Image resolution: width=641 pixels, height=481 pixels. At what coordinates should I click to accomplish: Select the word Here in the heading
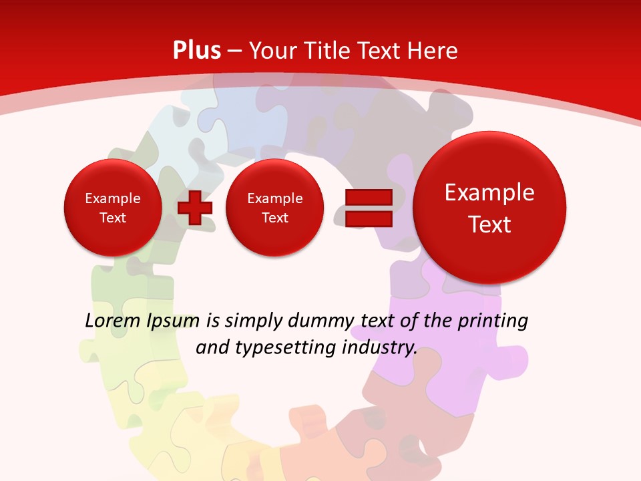tap(433, 51)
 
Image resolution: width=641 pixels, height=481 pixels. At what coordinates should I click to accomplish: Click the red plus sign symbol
tap(195, 207)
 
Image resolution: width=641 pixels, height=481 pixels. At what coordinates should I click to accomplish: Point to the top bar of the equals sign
tap(368, 197)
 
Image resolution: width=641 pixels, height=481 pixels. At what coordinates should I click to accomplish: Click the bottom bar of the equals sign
tap(368, 218)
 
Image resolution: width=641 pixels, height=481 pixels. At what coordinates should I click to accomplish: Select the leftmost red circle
tap(112, 208)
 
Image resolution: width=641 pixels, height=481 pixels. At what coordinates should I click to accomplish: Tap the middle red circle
tap(274, 208)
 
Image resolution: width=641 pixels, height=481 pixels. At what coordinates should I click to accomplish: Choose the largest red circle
tap(489, 208)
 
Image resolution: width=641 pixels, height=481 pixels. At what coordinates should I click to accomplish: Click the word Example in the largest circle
tap(489, 192)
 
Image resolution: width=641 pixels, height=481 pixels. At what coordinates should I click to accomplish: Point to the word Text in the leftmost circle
tap(112, 218)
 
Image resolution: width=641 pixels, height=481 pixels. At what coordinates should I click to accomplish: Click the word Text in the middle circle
tap(274, 218)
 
